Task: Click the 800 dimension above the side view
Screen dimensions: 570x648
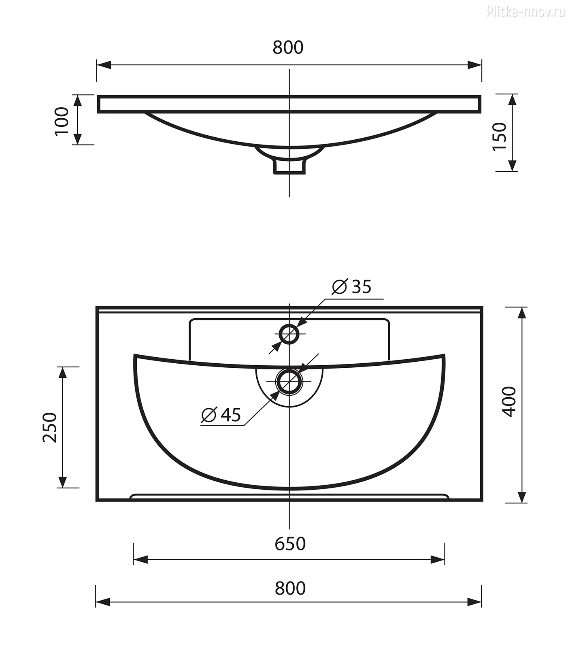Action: tap(288, 47)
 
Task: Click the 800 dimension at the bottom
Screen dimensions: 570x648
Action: tap(290, 588)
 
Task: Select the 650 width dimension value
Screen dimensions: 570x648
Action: tap(290, 544)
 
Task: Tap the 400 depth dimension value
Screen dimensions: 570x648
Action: tap(509, 401)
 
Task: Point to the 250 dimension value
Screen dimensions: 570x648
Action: tap(50, 427)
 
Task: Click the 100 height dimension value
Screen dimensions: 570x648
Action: tap(62, 121)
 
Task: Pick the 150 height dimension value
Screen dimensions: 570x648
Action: tap(500, 136)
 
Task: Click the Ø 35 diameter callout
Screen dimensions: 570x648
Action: tap(351, 287)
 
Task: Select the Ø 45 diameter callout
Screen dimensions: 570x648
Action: tap(221, 414)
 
